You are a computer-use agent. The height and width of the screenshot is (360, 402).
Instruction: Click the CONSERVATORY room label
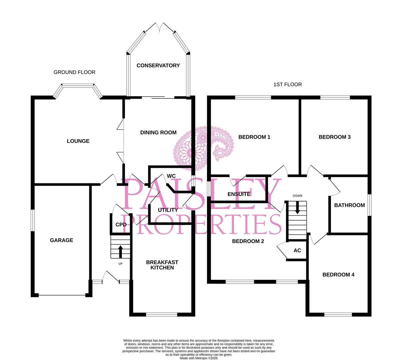pyautogui.click(x=158, y=65)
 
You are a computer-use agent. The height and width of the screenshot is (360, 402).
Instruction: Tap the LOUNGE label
pyautogui.click(x=78, y=141)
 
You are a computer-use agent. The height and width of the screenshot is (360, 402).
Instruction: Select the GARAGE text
pyautogui.click(x=62, y=240)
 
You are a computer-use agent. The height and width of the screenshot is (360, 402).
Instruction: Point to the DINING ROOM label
pyautogui.click(x=158, y=133)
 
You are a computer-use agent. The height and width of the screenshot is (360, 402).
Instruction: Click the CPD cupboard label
pyautogui.click(x=121, y=225)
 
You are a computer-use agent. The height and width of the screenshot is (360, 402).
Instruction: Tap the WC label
pyautogui.click(x=171, y=176)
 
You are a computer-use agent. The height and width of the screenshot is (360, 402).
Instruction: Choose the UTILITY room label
pyautogui.click(x=168, y=210)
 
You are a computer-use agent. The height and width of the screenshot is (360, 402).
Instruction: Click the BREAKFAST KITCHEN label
pyautogui.click(x=162, y=265)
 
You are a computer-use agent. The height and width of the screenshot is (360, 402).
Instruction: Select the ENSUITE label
pyautogui.click(x=239, y=194)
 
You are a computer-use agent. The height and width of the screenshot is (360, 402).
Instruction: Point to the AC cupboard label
pyautogui.click(x=297, y=250)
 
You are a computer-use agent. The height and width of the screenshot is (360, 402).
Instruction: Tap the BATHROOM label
pyautogui.click(x=349, y=205)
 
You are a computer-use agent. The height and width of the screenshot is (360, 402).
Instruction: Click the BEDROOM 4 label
pyautogui.click(x=338, y=275)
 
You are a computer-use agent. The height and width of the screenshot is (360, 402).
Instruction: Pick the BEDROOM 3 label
pyautogui.click(x=335, y=137)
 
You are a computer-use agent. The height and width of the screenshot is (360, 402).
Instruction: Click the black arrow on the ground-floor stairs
pyautogui.click(x=120, y=252)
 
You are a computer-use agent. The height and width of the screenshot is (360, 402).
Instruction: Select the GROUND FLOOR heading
pyautogui.click(x=74, y=72)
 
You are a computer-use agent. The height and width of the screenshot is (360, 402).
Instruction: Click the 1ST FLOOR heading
pyautogui.click(x=288, y=85)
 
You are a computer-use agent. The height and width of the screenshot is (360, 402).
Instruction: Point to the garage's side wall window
pyautogui.click(x=33, y=220)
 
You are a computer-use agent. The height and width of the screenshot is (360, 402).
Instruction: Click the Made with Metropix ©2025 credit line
pyautogui.click(x=199, y=358)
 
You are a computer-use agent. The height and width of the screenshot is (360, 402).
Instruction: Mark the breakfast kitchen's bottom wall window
pyautogui.click(x=162, y=315)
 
